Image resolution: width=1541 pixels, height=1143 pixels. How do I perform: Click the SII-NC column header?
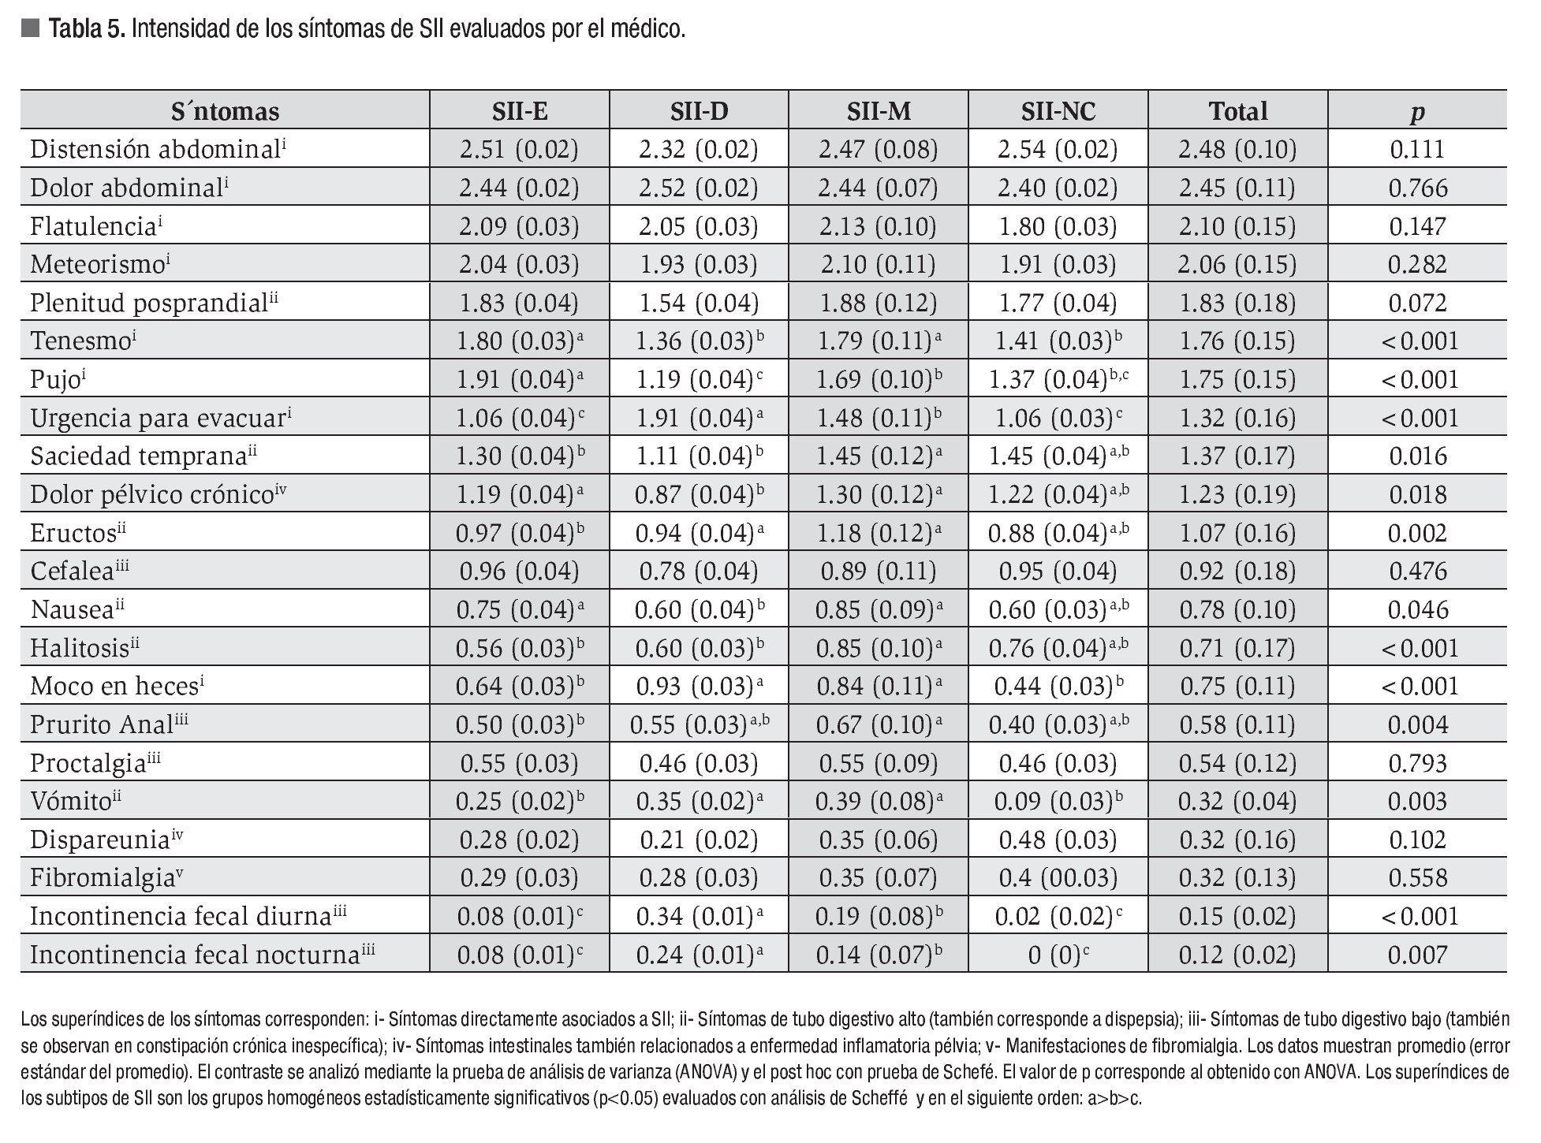point(1058,111)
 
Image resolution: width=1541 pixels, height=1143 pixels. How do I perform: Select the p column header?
point(1417,112)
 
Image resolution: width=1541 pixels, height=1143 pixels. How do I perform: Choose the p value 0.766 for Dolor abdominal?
point(1417,188)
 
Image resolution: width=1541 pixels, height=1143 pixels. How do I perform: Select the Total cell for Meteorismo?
point(1237,265)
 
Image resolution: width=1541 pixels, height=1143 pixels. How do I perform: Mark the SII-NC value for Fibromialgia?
point(1058,878)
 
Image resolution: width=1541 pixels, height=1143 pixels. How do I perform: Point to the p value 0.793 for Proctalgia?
point(1417,763)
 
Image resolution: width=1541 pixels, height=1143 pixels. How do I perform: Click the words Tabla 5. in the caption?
point(87,30)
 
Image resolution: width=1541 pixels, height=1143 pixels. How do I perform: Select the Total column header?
point(1237,111)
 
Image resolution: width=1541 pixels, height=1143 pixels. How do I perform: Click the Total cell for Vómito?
point(1237,802)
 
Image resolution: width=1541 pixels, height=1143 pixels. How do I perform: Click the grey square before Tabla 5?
point(30,30)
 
